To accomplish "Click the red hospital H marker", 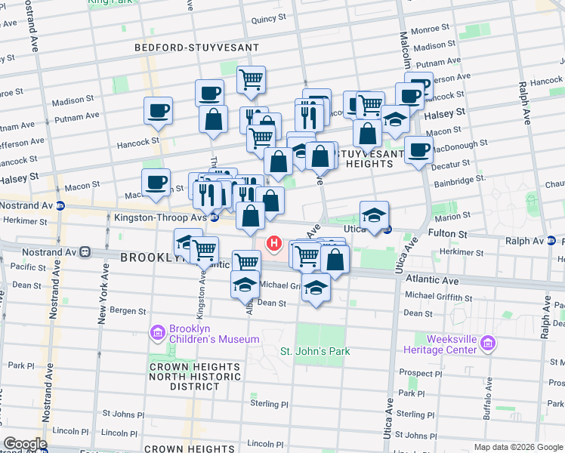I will tap(275, 243).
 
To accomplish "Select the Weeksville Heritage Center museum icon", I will tap(488, 344).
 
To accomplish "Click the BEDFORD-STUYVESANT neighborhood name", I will tap(196, 48).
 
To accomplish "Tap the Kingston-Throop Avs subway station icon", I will tap(215, 217).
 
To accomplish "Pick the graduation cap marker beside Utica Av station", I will tap(374, 214).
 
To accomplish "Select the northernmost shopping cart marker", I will tap(251, 79).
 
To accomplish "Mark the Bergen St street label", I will tap(128, 310).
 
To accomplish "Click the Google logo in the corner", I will tap(26, 444).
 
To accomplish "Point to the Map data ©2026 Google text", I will tap(517, 447).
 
